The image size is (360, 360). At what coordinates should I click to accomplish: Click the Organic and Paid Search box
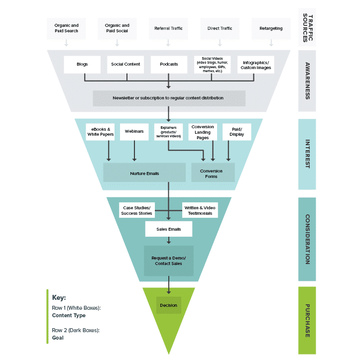(x=66, y=28)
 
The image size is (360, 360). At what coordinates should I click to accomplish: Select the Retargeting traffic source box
(x=271, y=28)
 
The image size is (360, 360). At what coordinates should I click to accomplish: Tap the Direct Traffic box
(x=220, y=28)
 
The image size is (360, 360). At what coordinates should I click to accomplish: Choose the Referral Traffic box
(x=168, y=28)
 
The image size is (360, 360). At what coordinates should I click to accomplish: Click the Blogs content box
(x=82, y=64)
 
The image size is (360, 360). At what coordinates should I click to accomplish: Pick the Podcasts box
(x=169, y=64)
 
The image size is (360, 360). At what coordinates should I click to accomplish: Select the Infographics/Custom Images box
(x=255, y=65)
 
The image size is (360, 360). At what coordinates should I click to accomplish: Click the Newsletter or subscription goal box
(x=169, y=98)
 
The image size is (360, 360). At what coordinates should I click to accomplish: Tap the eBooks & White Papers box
(x=100, y=131)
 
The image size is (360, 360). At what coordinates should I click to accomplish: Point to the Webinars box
(x=134, y=131)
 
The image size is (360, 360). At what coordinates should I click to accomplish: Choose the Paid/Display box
(x=237, y=131)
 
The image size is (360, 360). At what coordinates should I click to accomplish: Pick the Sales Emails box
(x=168, y=229)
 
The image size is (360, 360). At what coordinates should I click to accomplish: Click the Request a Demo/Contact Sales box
(x=168, y=261)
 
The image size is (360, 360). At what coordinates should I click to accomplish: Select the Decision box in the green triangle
(x=168, y=305)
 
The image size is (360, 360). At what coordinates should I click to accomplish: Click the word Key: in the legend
(x=59, y=298)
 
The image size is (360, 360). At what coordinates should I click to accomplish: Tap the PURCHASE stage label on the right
(x=307, y=320)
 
